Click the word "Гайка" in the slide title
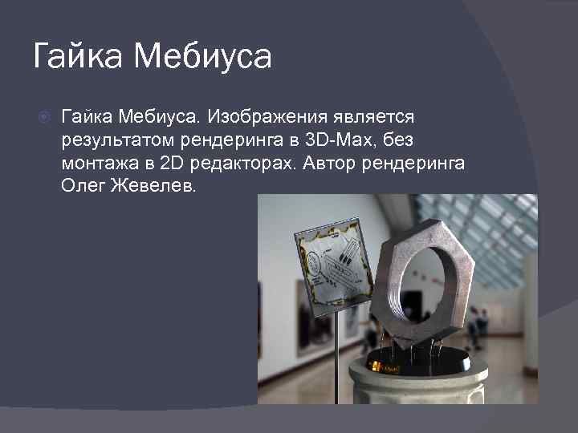(x=77, y=56)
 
